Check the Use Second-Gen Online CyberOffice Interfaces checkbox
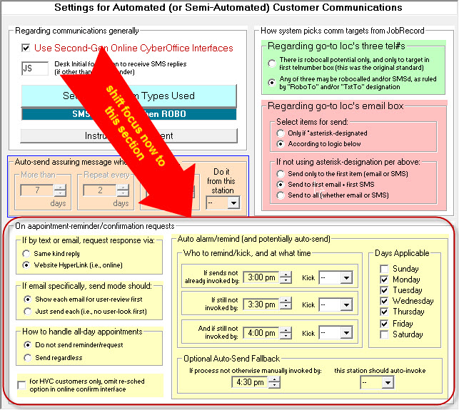[x=27, y=48]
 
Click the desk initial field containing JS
[x=35, y=69]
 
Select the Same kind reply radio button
[x=27, y=254]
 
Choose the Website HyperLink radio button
[x=27, y=265]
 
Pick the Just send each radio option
[x=27, y=311]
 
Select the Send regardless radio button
[x=27, y=357]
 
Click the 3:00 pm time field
[x=261, y=277]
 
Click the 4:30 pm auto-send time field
[x=249, y=382]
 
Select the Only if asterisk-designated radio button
[x=282, y=133]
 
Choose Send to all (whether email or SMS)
[x=282, y=195]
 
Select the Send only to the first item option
[x=282, y=174]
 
